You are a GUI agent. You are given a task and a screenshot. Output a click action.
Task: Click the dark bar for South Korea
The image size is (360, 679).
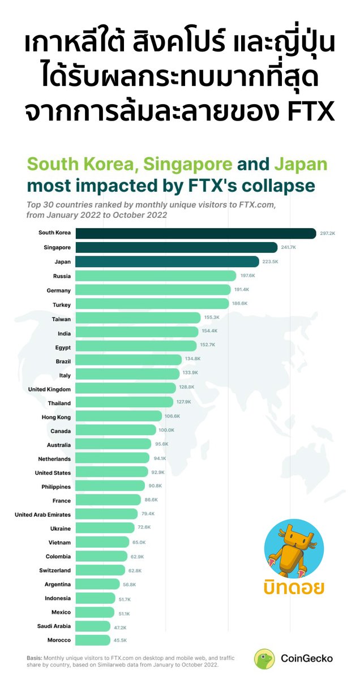click(x=196, y=233)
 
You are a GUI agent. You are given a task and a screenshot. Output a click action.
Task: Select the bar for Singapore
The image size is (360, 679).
click(x=177, y=247)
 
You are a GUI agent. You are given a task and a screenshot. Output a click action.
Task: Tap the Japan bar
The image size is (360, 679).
click(x=167, y=261)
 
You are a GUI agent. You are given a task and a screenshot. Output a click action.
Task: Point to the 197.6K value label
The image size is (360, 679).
click(x=247, y=276)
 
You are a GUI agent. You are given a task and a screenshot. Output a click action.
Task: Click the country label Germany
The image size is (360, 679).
click(x=58, y=290)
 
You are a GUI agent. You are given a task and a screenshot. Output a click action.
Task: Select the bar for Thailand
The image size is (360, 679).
click(x=125, y=402)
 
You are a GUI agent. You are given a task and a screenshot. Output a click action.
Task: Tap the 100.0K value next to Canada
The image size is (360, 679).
click(x=166, y=430)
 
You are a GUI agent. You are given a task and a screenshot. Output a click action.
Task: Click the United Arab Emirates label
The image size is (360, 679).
click(x=42, y=514)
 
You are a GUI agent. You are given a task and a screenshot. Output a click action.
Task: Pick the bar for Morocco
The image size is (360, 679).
click(x=93, y=640)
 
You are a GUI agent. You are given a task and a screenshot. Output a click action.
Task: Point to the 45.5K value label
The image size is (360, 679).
click(x=120, y=640)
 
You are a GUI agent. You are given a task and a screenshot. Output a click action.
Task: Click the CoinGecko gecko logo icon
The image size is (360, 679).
click(x=264, y=659)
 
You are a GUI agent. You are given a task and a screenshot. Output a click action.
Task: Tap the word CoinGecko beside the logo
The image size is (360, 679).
click(x=307, y=659)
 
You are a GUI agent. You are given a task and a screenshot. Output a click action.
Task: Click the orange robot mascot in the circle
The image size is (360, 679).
click(x=294, y=549)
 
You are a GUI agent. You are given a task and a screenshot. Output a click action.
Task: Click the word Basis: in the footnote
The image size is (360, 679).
click(x=35, y=657)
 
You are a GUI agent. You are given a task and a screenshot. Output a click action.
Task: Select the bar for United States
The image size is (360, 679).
click(x=112, y=472)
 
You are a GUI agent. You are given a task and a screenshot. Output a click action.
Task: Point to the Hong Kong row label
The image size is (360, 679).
click(x=56, y=417)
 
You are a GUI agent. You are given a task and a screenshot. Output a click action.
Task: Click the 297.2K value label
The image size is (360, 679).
click(x=328, y=233)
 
